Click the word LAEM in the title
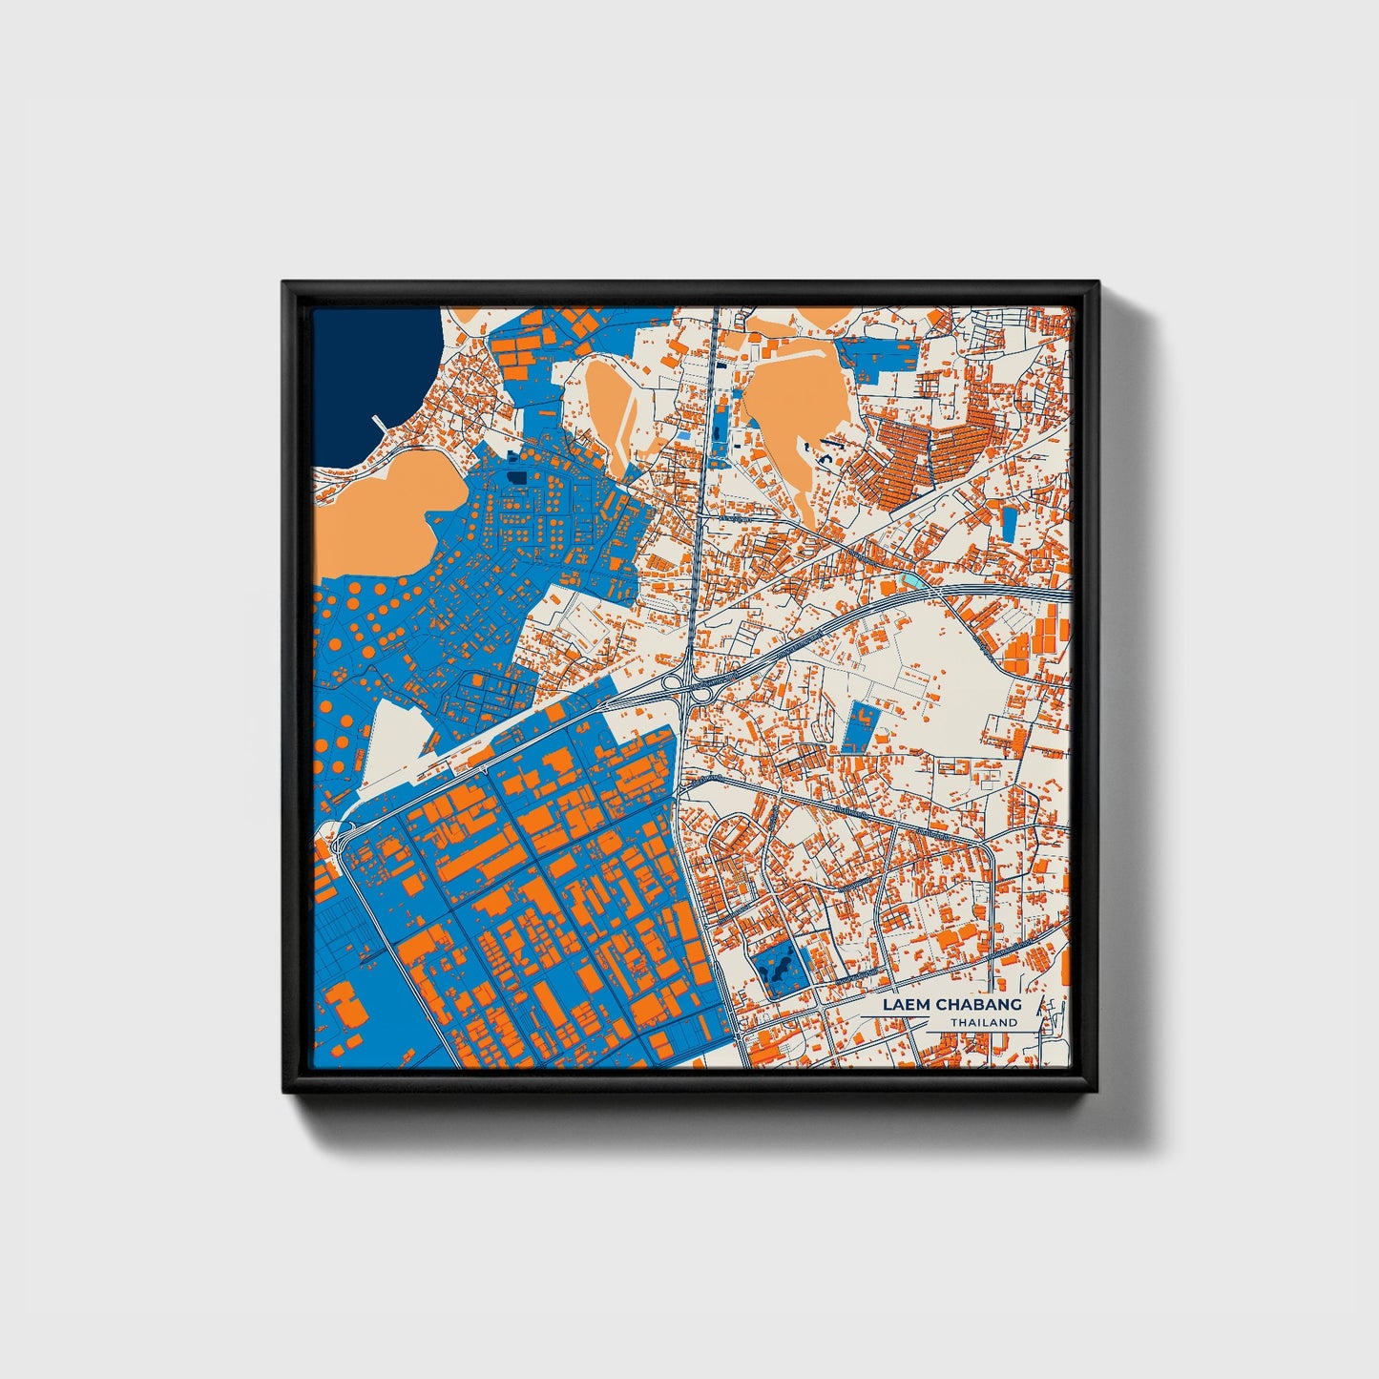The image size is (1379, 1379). pyautogui.click(x=905, y=1005)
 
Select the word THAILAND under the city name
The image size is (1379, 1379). pyautogui.click(x=983, y=1022)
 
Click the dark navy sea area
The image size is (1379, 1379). pyautogui.click(x=367, y=382)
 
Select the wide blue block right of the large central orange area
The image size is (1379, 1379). pyautogui.click(x=880, y=355)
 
